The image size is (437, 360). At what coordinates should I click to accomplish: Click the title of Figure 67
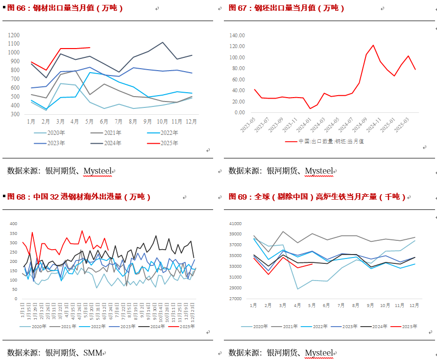tap(287, 8)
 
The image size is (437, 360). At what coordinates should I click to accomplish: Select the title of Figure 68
tap(79, 197)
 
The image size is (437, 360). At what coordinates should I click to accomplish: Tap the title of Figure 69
tap(317, 197)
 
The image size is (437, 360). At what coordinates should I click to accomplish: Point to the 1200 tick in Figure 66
tap(14, 35)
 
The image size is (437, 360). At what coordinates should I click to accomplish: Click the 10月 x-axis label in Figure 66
tap(162, 121)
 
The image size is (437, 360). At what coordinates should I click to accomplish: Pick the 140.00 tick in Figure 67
tap(237, 35)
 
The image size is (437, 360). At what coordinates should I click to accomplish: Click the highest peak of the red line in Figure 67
tap(373, 45)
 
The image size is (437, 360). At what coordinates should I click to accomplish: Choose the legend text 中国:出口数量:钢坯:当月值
tap(331, 141)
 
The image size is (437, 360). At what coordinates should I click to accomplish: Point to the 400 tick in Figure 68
tap(13, 224)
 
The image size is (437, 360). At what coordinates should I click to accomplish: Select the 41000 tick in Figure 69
tap(236, 224)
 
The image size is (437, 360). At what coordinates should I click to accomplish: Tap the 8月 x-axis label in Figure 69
tap(356, 305)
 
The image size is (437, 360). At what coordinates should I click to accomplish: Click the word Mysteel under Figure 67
tap(318, 171)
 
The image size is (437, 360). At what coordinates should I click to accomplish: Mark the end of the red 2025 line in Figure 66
tap(90, 48)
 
